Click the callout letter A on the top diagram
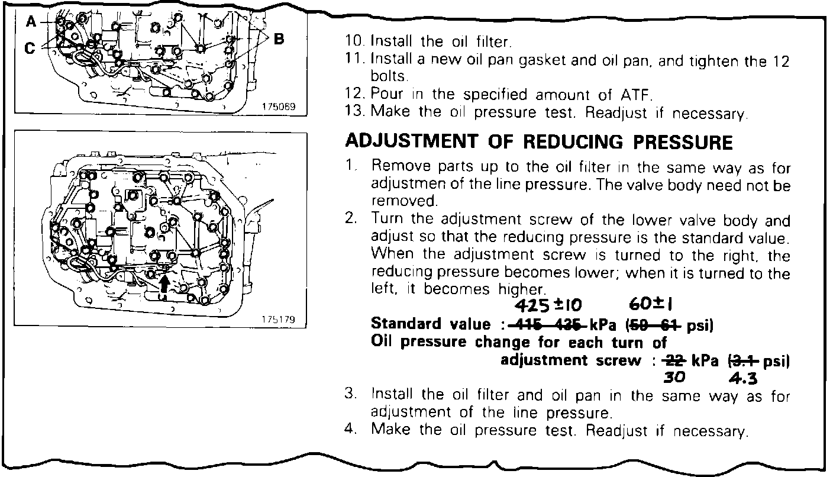[x=31, y=21]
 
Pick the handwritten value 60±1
[x=649, y=304]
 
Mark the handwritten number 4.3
[x=742, y=378]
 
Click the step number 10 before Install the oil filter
[x=354, y=42]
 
